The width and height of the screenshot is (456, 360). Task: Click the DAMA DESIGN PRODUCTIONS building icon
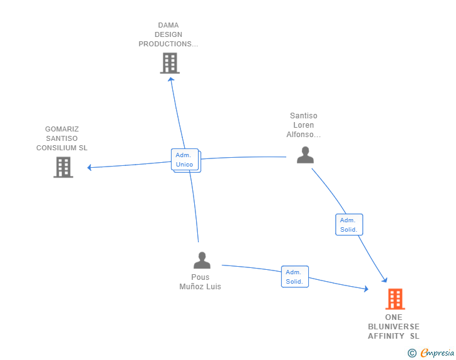coord(170,63)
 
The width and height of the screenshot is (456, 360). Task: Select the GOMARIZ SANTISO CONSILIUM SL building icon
coord(63,167)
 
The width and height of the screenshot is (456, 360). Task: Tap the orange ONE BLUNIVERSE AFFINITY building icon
coord(395,299)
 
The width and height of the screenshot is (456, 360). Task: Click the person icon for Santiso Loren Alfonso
coord(305,154)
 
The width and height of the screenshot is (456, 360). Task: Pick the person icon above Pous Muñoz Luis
coord(202,260)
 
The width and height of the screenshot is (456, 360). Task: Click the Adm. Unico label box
coord(185,160)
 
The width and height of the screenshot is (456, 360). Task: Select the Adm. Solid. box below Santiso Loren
coord(349,225)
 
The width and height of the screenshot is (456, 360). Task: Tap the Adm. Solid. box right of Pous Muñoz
coord(294,277)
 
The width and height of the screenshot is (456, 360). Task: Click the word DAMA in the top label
coord(168,26)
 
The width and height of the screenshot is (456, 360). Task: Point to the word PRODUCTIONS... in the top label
coord(168,44)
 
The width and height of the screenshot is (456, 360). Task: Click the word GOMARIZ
coord(62,129)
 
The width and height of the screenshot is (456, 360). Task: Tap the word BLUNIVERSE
coord(394,327)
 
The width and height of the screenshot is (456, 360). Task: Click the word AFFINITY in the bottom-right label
coord(386,336)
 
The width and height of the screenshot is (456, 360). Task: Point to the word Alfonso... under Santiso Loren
coord(304,135)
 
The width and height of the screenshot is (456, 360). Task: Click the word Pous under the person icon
coord(200,277)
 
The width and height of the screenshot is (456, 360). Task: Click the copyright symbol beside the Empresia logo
coord(412,353)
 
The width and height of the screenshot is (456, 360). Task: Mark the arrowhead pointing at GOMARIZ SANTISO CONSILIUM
coord(90,167)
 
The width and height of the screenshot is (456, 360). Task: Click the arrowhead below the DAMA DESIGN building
coord(171,80)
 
